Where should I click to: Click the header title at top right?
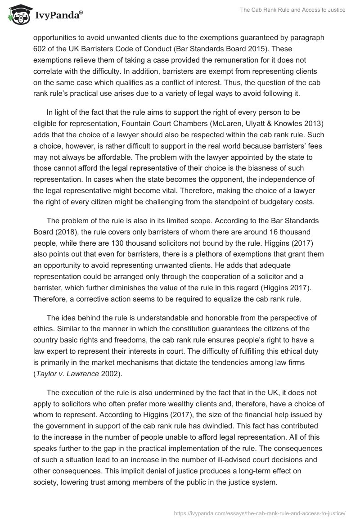click(296, 10)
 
